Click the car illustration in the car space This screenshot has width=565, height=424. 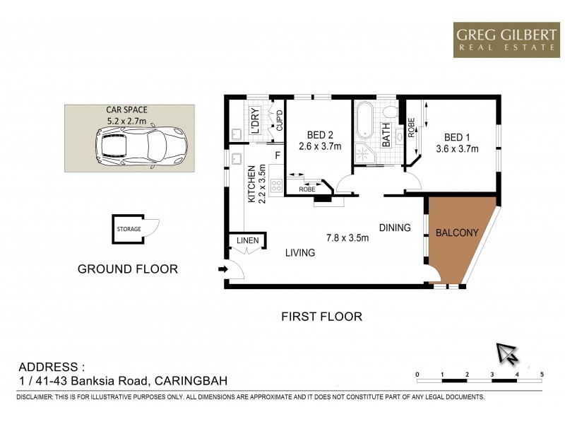(141, 146)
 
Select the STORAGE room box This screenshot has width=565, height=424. (130, 229)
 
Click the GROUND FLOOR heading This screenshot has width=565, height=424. (127, 269)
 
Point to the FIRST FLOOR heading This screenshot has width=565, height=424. (321, 317)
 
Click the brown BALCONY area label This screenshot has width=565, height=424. (457, 232)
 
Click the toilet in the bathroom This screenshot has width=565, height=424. (389, 114)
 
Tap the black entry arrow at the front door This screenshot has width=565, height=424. (223, 269)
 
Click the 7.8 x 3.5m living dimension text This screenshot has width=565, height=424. (347, 237)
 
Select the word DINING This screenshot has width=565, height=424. (394, 228)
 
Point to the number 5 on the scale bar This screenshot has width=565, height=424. (542, 374)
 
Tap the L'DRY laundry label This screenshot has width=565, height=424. (256, 121)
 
